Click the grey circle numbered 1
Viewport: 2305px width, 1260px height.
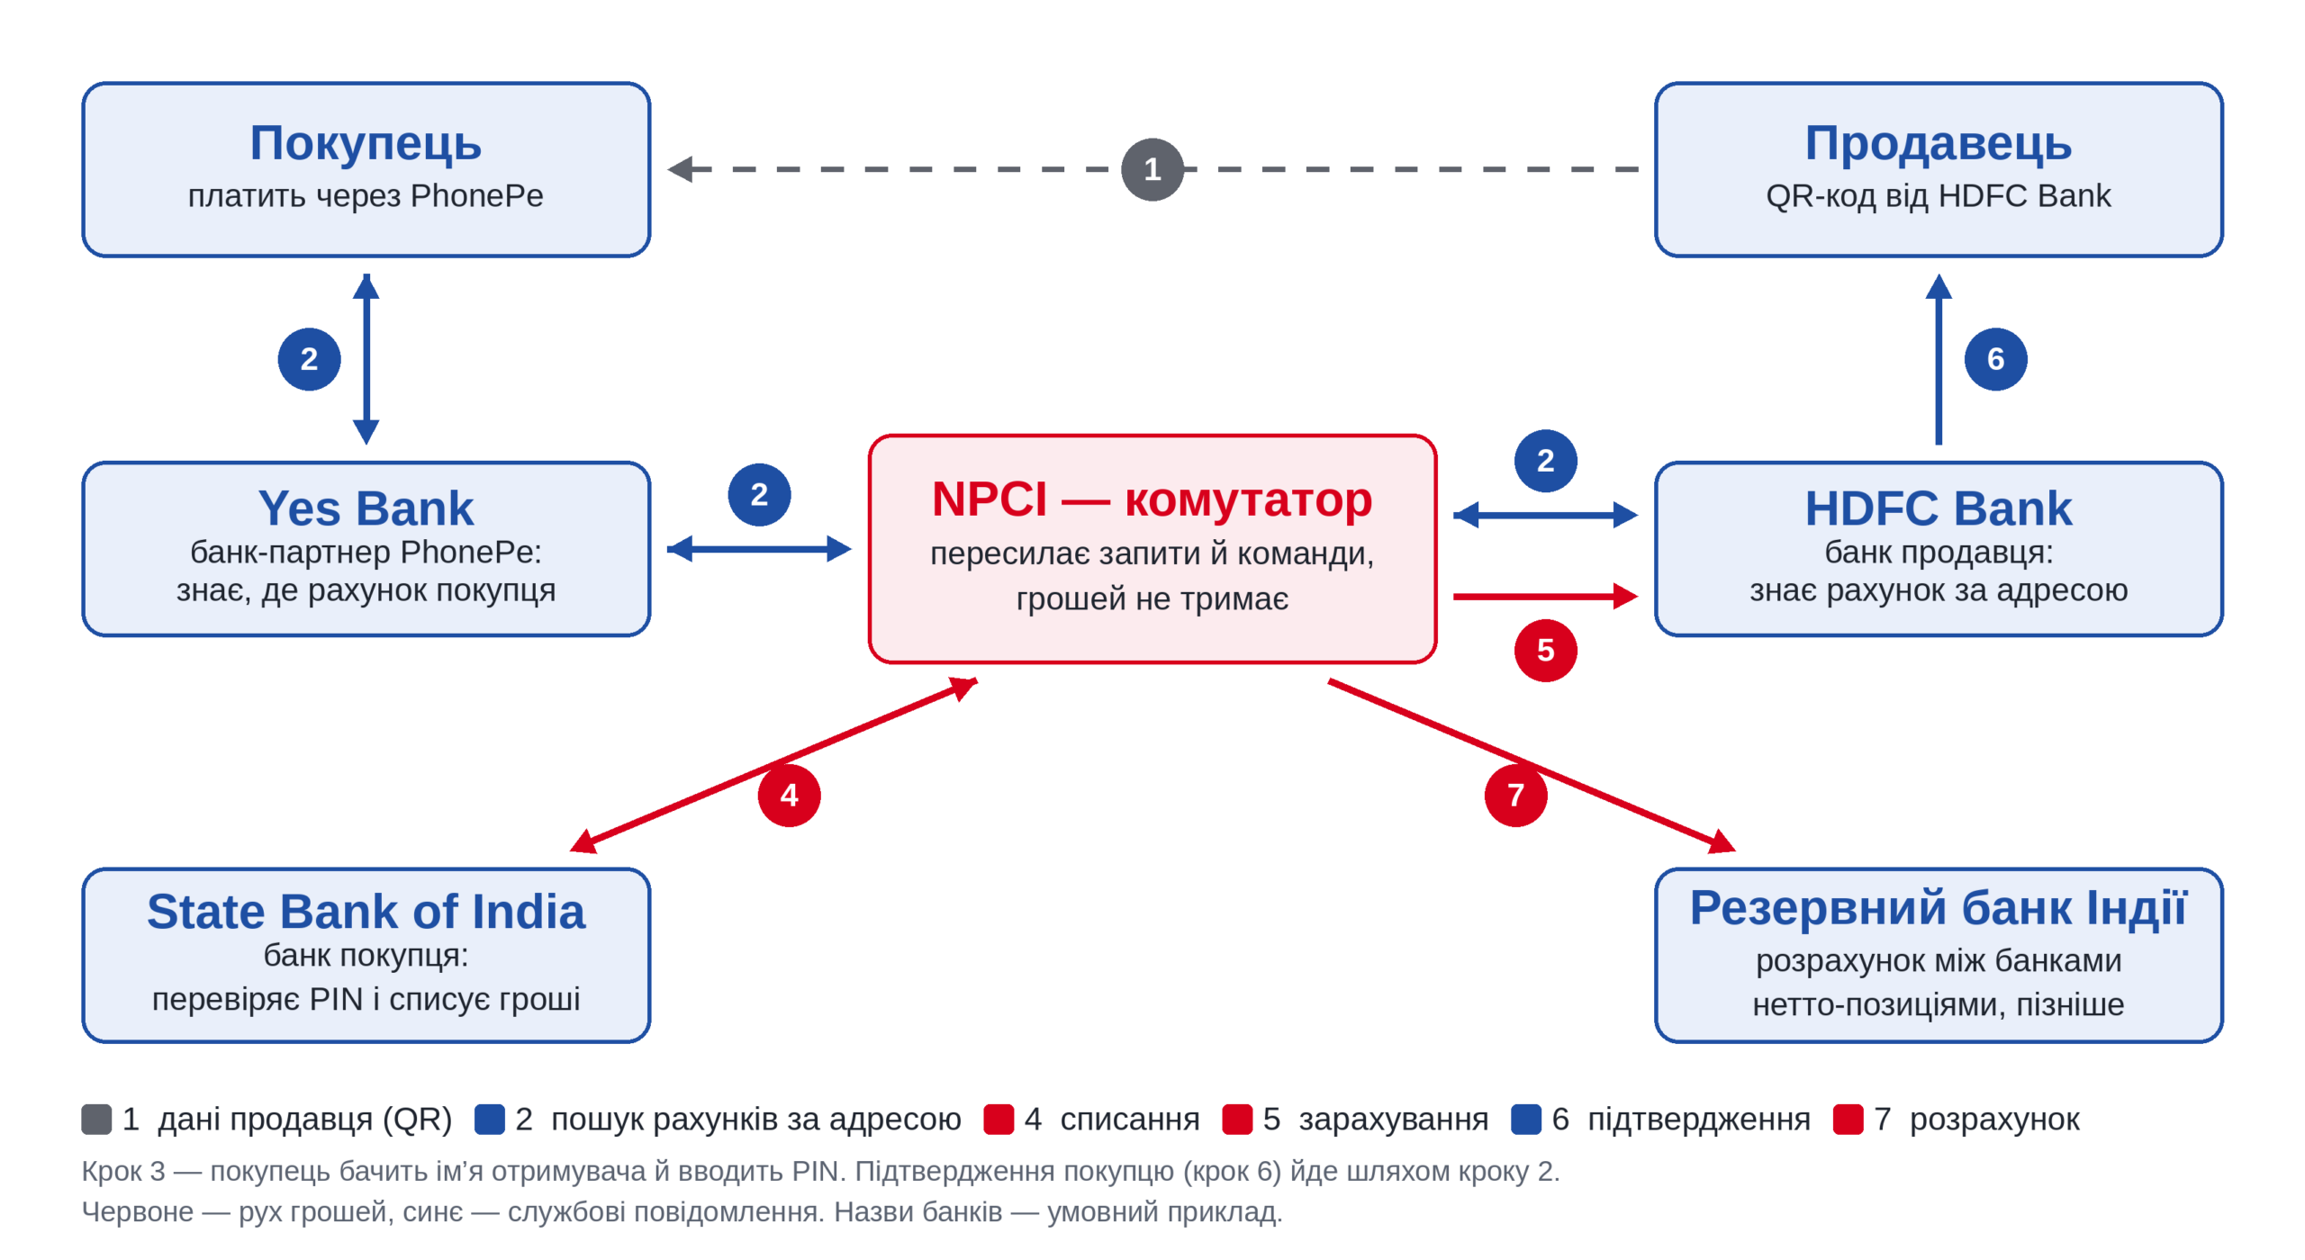pyautogui.click(x=1152, y=169)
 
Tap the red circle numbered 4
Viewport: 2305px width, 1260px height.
pyautogui.click(x=789, y=795)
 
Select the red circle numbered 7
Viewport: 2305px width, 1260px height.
pyautogui.click(x=1515, y=795)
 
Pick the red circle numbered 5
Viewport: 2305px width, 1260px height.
pyautogui.click(x=1545, y=650)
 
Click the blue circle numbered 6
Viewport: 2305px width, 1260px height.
pyautogui.click(x=1995, y=359)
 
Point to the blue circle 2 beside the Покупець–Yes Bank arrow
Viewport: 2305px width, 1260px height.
pyautogui.click(x=309, y=359)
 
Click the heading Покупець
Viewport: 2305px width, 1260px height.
pyautogui.click(x=366, y=144)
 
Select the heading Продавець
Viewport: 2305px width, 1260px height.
pyautogui.click(x=1938, y=144)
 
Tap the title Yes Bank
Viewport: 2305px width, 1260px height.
pyautogui.click(x=366, y=508)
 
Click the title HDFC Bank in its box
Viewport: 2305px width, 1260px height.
pyautogui.click(x=1938, y=508)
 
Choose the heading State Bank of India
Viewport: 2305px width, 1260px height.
pyautogui.click(x=366, y=912)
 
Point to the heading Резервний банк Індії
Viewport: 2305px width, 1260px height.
pyautogui.click(x=1938, y=907)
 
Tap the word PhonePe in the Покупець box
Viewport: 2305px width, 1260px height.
pyautogui.click(x=477, y=195)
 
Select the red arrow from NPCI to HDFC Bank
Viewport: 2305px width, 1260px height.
pyautogui.click(x=1545, y=596)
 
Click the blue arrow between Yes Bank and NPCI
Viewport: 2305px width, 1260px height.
pyautogui.click(x=759, y=548)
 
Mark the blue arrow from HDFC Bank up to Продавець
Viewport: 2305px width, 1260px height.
pyautogui.click(x=1938, y=359)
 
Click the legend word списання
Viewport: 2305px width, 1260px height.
pyautogui.click(x=1129, y=1119)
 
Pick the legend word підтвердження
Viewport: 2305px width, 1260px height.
pyautogui.click(x=1698, y=1119)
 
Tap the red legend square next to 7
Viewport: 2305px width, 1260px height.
pyautogui.click(x=1848, y=1119)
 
